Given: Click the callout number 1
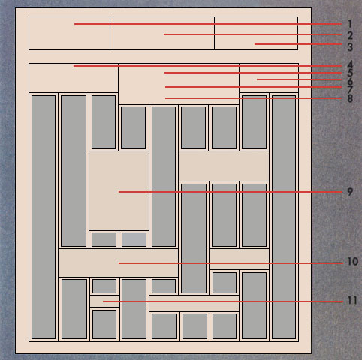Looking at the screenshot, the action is pos(350,24).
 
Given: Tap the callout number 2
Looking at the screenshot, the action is pos(350,35).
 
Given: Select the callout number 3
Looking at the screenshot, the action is pos(350,47).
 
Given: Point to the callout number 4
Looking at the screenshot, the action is pos(350,64).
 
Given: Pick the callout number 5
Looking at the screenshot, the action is pos(350,73).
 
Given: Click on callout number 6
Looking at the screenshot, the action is pos(350,81).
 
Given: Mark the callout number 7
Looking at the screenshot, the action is pos(350,89).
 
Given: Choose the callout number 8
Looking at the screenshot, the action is pos(350,98).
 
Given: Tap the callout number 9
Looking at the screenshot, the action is pos(350,192).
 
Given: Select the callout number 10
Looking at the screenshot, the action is pos(353,262).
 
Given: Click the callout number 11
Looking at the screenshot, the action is pos(352,300).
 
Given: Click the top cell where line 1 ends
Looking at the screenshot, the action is pos(69,33).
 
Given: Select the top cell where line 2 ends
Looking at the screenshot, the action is pos(162,33).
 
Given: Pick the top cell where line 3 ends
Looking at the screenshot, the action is pos(256,33).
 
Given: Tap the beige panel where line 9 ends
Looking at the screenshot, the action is pos(119,190).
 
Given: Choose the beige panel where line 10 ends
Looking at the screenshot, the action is pos(118,262).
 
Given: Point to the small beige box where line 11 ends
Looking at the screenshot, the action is pos(104,301).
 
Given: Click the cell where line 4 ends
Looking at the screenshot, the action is pos(74,78).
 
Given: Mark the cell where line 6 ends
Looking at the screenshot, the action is pos(269,78).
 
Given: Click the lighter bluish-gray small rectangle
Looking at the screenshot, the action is pos(134,239).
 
